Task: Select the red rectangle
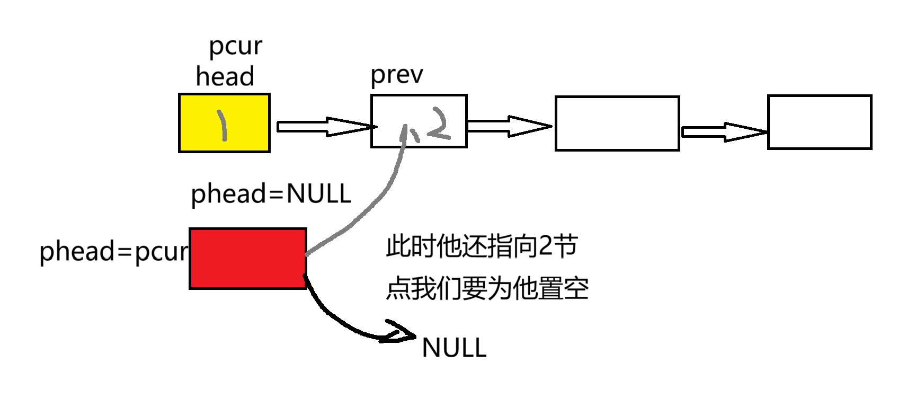(247, 259)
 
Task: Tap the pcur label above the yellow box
(235, 46)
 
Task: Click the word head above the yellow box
(225, 76)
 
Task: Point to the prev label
(396, 75)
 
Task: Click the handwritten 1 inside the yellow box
(223, 125)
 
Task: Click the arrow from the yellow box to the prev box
(324, 127)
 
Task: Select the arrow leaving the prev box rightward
(509, 126)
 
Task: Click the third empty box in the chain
(617, 123)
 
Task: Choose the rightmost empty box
(819, 122)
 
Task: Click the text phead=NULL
(271, 194)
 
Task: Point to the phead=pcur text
(114, 251)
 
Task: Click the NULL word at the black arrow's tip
(454, 348)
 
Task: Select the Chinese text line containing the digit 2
(481, 246)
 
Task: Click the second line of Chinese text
(487, 289)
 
